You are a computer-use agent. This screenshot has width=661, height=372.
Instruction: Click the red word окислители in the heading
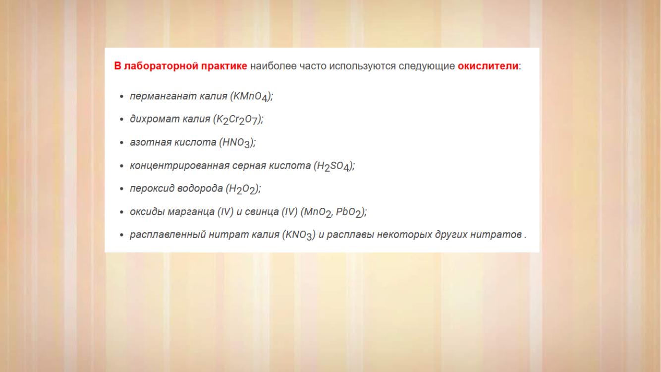click(x=488, y=66)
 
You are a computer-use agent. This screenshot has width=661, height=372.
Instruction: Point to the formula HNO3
click(x=236, y=143)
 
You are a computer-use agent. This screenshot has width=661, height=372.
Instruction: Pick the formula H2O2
click(x=242, y=189)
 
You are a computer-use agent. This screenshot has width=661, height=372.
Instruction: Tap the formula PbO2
click(x=348, y=212)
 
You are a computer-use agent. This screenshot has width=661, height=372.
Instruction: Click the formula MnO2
click(x=317, y=212)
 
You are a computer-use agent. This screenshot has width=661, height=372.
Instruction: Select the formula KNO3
click(x=299, y=236)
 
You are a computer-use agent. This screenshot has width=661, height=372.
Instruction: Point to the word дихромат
click(x=155, y=119)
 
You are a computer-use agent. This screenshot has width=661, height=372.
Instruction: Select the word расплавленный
click(x=167, y=235)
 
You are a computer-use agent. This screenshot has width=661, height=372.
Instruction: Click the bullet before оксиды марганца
click(x=121, y=212)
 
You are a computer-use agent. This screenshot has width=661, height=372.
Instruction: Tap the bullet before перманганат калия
click(x=121, y=96)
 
